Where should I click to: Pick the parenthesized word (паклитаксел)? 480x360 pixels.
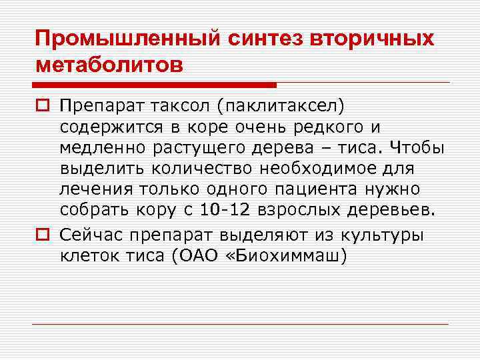click(286, 105)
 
